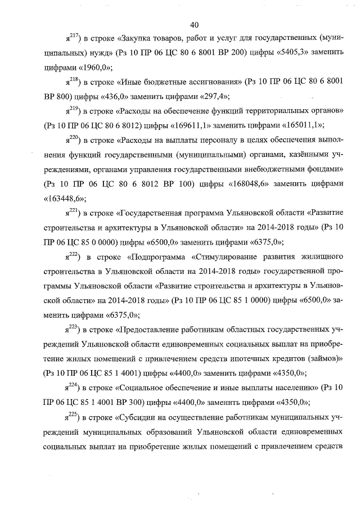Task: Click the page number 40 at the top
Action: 195,24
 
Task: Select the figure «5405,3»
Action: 292,53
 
